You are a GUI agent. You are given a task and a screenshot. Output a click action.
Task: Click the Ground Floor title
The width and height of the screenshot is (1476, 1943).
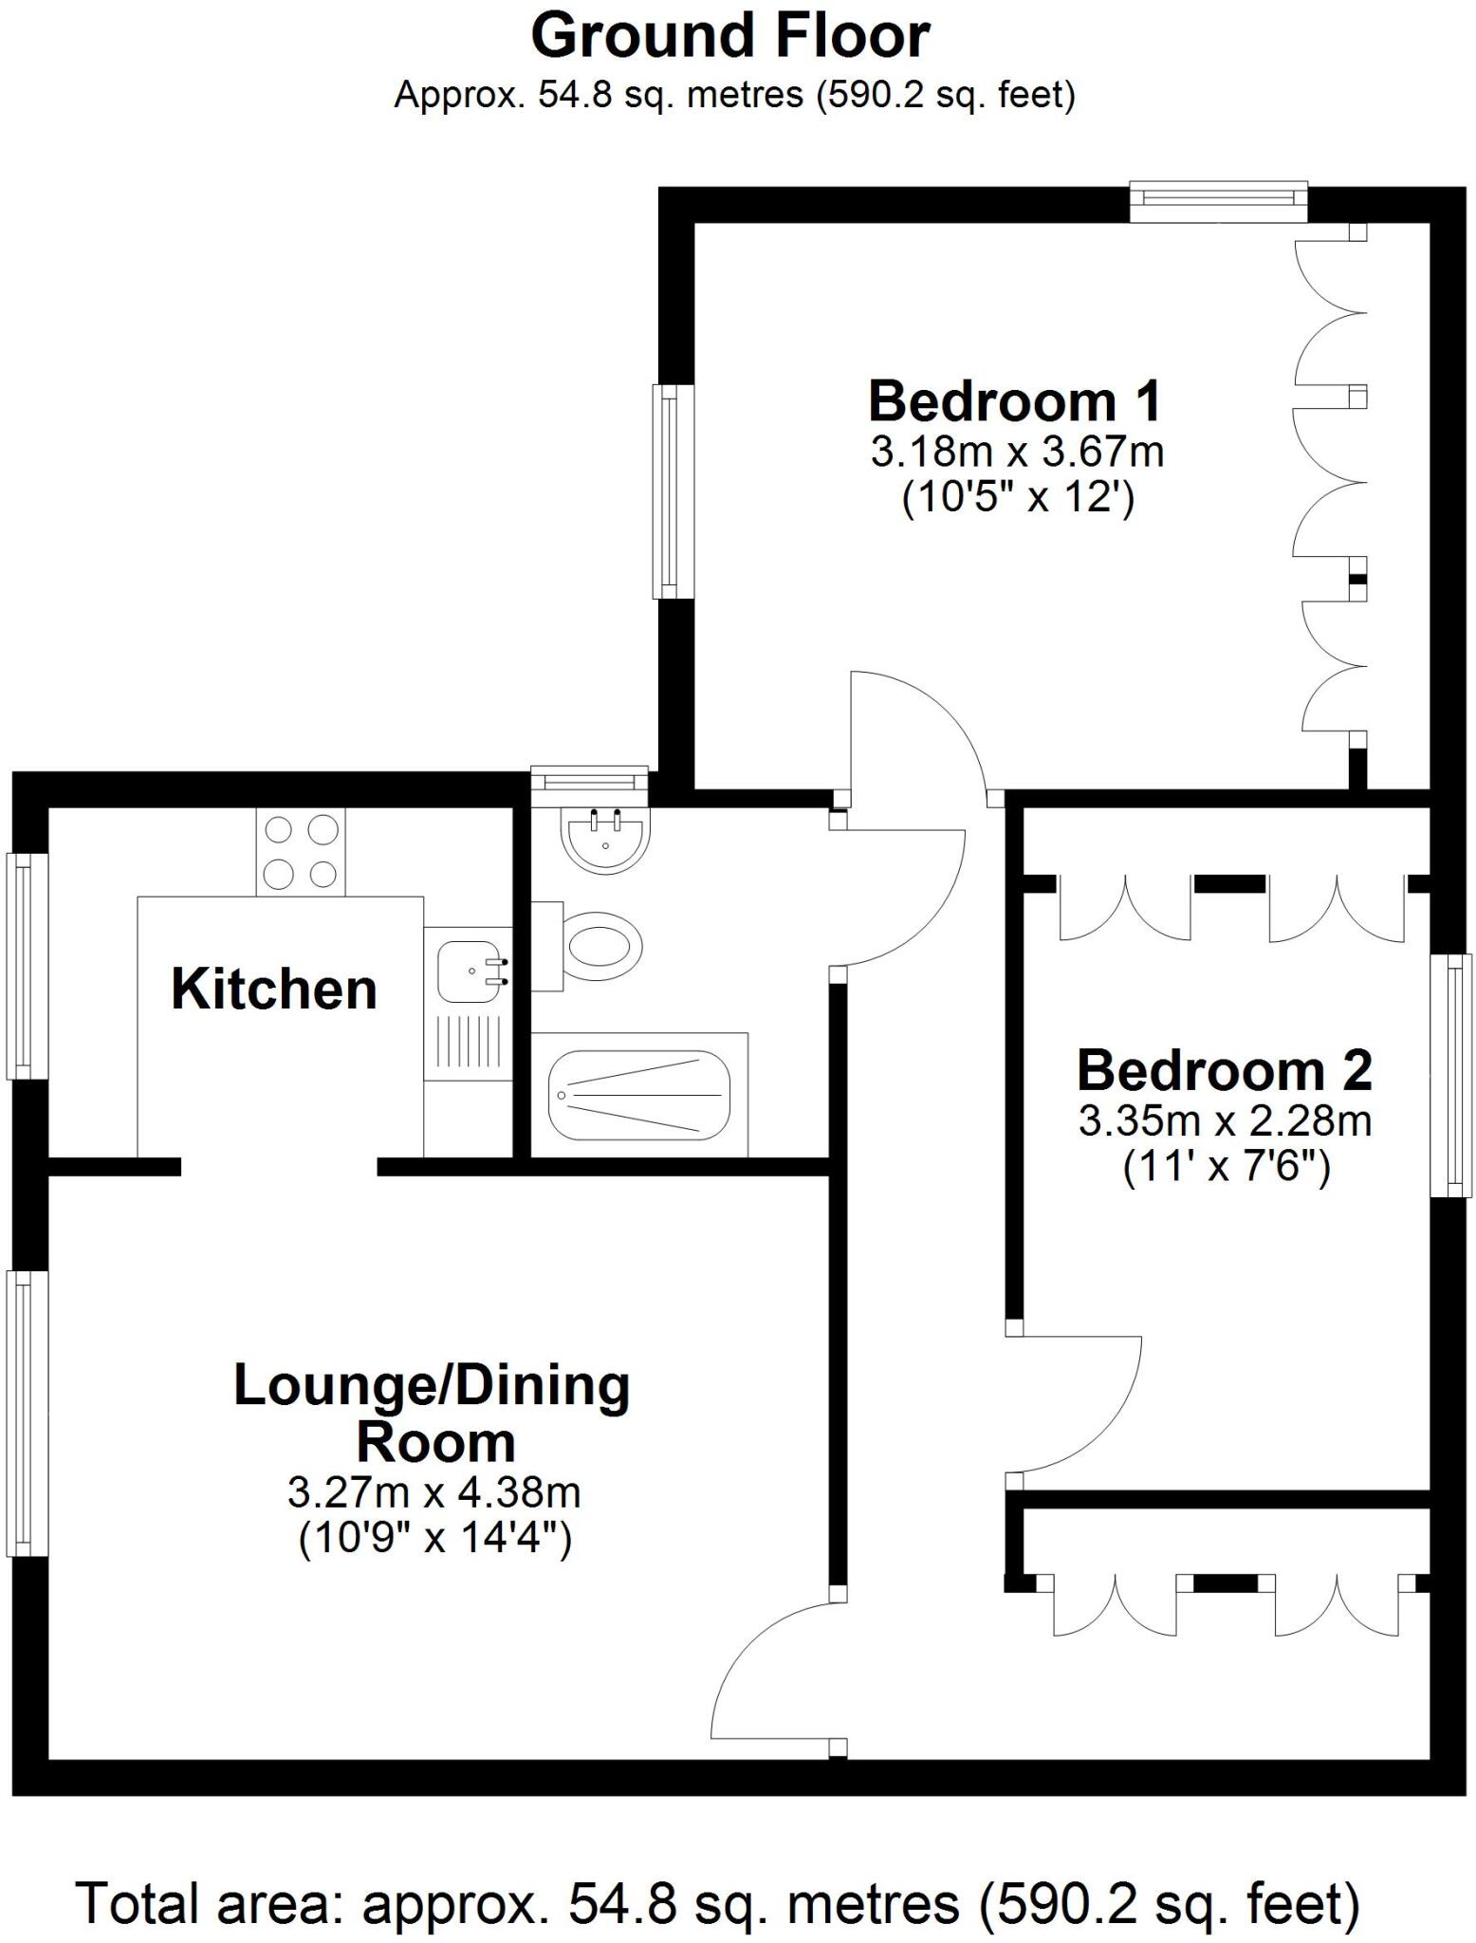pyautogui.click(x=729, y=38)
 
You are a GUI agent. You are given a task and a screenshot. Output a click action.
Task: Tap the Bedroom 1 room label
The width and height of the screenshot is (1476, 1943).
pyautogui.click(x=1014, y=401)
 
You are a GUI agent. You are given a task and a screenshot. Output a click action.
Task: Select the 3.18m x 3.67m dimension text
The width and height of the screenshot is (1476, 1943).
pyautogui.click(x=1017, y=453)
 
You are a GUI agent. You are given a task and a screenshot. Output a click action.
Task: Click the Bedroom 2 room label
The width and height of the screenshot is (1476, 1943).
pyautogui.click(x=1224, y=1070)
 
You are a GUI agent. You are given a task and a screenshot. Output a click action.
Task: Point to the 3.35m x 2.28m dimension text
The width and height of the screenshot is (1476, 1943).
pyautogui.click(x=1225, y=1121)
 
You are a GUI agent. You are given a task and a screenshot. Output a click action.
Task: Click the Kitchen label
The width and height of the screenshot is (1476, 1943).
pyautogui.click(x=274, y=990)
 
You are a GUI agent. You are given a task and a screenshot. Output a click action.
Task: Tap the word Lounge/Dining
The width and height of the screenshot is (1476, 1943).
pyautogui.click(x=432, y=1386)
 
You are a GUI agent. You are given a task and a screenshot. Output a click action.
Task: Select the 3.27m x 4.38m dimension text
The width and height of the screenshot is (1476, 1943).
pyautogui.click(x=434, y=1492)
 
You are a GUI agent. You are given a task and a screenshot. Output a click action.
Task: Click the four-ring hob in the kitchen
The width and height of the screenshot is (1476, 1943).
pyautogui.click(x=301, y=852)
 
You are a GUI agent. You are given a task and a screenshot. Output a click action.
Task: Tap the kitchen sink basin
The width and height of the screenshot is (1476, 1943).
pyautogui.click(x=468, y=971)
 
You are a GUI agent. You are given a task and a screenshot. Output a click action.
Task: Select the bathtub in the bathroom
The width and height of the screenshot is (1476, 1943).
pyautogui.click(x=639, y=1095)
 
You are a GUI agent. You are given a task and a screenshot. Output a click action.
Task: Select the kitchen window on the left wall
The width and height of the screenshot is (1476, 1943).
pyautogui.click(x=27, y=966)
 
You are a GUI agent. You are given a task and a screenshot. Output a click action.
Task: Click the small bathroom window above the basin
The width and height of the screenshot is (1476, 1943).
pyautogui.click(x=588, y=780)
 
